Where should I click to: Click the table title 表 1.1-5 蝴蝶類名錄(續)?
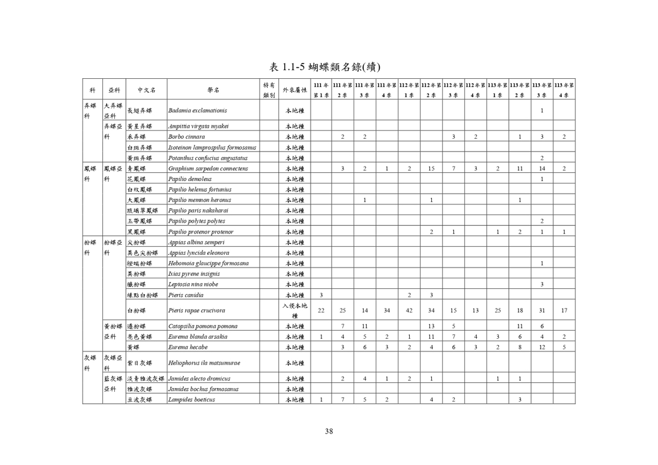click(328, 66)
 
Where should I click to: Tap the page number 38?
click(328, 432)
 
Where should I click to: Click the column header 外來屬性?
click(294, 90)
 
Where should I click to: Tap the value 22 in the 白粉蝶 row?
click(321, 310)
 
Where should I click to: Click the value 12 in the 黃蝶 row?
click(542, 347)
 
